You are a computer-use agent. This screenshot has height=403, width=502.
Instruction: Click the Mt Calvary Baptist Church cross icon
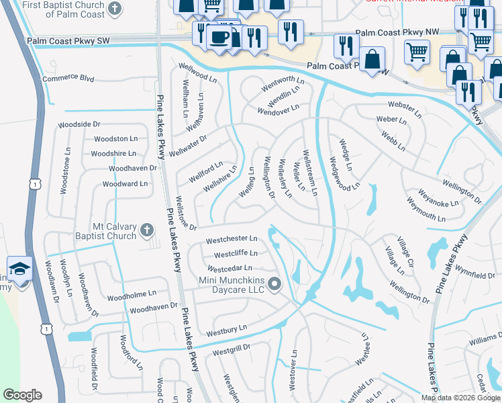point(147,232)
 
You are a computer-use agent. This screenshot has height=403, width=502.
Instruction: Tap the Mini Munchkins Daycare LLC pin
point(274,285)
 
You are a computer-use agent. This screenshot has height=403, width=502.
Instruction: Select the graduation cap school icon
point(20,269)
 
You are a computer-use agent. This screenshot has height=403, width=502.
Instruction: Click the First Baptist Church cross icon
point(115,9)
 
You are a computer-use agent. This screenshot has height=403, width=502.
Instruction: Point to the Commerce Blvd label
point(68,78)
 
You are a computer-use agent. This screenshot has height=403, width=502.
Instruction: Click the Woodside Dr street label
point(79,124)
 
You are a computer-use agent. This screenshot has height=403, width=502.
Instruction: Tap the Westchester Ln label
point(232,238)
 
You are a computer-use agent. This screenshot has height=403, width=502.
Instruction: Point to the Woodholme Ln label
point(132,294)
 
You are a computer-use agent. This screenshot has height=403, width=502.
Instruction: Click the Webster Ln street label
point(404,105)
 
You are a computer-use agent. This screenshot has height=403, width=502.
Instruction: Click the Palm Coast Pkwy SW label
point(68,41)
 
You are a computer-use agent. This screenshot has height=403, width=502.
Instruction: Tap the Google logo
point(22,395)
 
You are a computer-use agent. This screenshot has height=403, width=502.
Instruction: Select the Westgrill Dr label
point(231,348)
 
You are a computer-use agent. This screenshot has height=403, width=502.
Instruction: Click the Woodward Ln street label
point(125,183)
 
